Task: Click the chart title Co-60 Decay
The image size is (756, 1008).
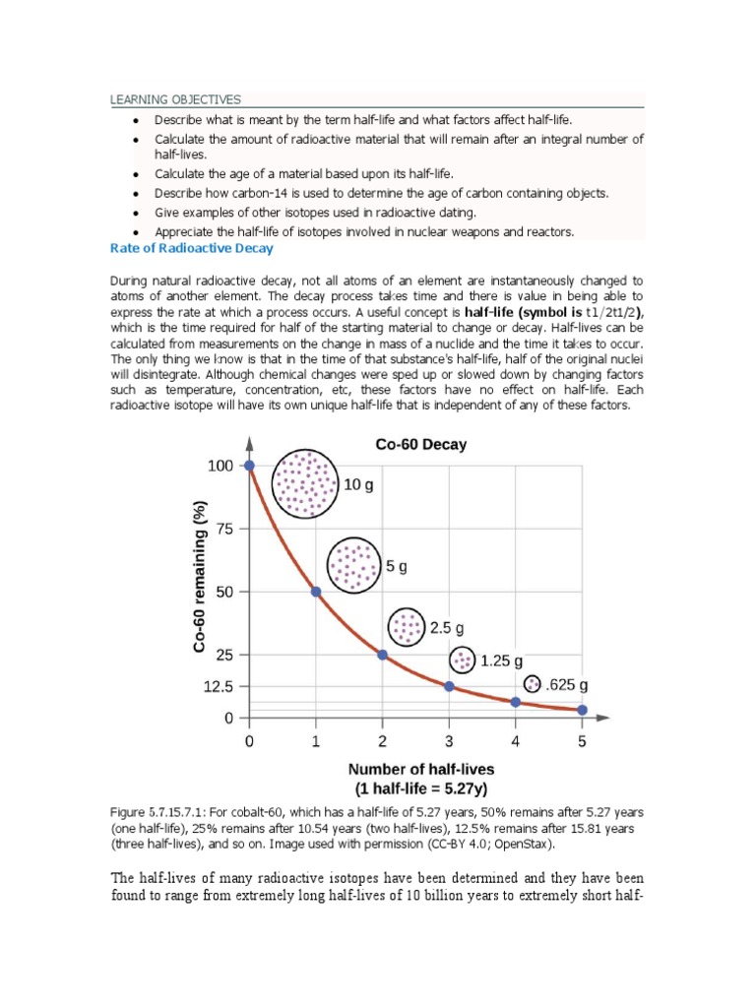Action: click(421, 445)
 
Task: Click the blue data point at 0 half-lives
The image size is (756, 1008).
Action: click(249, 466)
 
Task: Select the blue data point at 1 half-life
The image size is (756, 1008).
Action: click(316, 592)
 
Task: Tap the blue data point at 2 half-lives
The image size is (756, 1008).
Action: click(383, 655)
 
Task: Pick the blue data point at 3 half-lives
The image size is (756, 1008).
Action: click(449, 686)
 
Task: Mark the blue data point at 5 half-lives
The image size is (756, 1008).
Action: click(582, 710)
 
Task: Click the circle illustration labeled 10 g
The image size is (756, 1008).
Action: click(305, 484)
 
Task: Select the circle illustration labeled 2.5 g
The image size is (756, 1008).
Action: click(406, 627)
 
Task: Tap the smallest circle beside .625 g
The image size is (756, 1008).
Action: click(533, 683)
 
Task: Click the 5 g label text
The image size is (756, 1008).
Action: click(397, 567)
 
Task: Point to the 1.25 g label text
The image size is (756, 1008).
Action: click(501, 661)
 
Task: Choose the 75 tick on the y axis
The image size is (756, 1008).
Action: click(225, 529)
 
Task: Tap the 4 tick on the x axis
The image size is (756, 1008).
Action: click(515, 741)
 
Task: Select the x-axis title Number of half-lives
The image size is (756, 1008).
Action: click(422, 769)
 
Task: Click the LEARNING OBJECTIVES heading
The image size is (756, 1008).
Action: click(174, 99)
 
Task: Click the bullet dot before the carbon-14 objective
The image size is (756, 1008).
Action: click(135, 193)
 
